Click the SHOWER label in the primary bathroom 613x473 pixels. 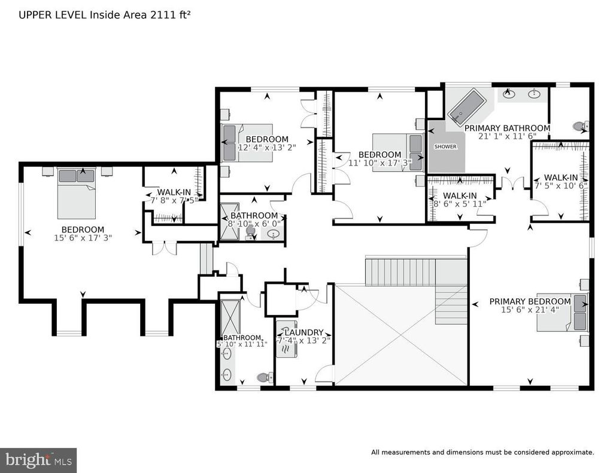pyautogui.click(x=445, y=147)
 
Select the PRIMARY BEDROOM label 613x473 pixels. pyautogui.click(x=530, y=301)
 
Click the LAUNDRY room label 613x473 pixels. pyautogui.click(x=304, y=332)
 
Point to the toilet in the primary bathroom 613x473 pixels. pyautogui.click(x=581, y=126)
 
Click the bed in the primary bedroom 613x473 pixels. pyautogui.click(x=562, y=312)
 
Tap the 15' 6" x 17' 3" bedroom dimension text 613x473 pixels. pyautogui.click(x=83, y=237)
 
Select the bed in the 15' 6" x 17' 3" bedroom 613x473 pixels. pyautogui.click(x=77, y=193)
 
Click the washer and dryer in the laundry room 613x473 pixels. pyautogui.click(x=287, y=338)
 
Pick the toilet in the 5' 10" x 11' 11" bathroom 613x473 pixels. pyautogui.click(x=265, y=378)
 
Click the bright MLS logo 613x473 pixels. pyautogui.click(x=38, y=460)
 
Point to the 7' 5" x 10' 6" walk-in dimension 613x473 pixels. pyautogui.click(x=561, y=186)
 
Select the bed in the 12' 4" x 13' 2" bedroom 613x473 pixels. pyautogui.click(x=247, y=143)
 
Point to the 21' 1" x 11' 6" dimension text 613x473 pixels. pyautogui.click(x=507, y=136)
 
